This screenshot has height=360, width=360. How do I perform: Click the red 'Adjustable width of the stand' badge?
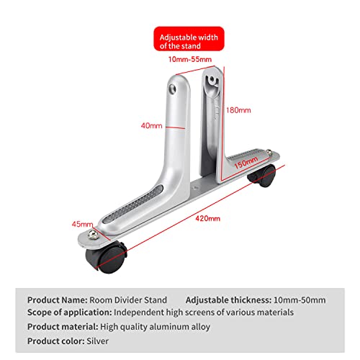click(189, 39)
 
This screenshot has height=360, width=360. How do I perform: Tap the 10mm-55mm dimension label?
click(190, 59)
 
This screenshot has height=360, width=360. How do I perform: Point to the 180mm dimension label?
click(238, 110)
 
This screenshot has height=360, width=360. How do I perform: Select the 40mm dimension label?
click(152, 125)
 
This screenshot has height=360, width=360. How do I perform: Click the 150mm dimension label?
click(246, 163)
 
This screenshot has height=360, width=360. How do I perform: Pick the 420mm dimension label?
click(207, 218)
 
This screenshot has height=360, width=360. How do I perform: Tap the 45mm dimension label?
click(82, 224)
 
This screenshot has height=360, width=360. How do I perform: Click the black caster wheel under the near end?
click(107, 258)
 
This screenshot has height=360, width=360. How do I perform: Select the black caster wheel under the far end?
click(262, 176)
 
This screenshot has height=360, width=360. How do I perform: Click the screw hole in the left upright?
click(172, 89)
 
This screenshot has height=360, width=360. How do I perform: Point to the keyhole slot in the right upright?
click(212, 81)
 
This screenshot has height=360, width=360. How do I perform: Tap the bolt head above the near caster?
click(93, 235)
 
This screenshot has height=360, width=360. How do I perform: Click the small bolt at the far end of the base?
click(269, 152)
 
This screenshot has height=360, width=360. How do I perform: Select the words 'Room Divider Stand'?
click(128, 300)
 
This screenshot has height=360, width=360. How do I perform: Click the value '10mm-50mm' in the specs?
click(300, 300)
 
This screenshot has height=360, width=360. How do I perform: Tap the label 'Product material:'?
click(63, 327)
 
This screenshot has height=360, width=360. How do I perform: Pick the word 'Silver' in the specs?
click(98, 341)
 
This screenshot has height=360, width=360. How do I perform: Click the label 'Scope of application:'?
click(70, 312)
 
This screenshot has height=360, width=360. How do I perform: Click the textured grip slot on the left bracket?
click(133, 203)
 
